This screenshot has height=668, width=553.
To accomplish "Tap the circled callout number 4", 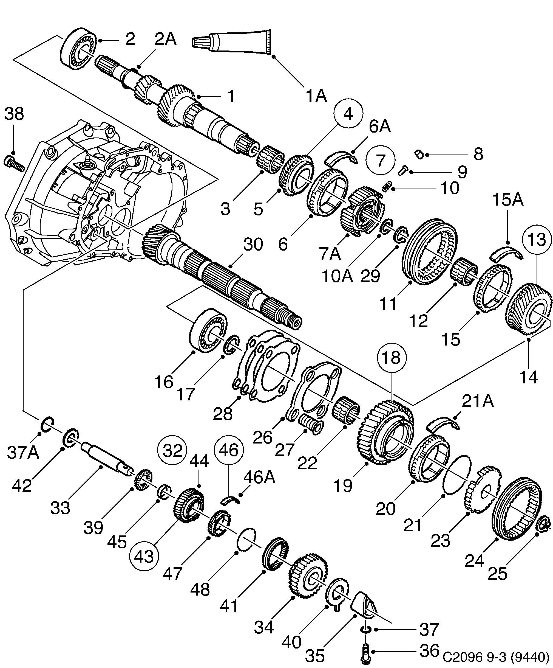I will pos(348,114).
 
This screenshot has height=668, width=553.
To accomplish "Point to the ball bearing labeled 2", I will pos(78,48).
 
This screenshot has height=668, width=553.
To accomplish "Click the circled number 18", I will pos(392,358).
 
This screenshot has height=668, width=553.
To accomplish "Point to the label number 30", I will pos(253,245).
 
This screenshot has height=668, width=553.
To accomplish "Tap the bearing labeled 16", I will pos(208,330).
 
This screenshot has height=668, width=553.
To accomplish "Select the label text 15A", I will pos(507,200).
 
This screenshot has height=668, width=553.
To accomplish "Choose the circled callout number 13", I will pos(537,240).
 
